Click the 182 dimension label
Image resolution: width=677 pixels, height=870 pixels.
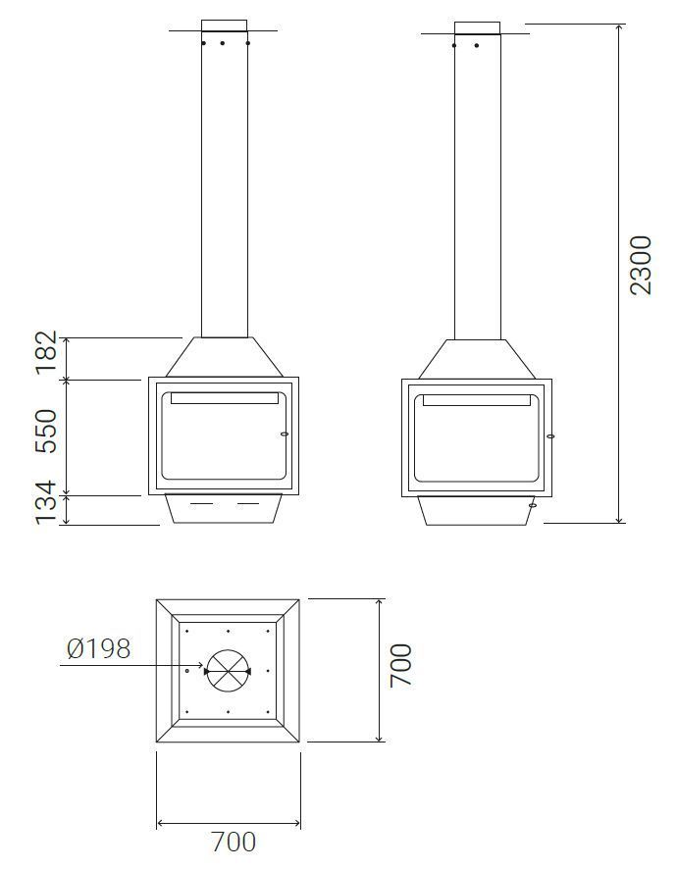46,353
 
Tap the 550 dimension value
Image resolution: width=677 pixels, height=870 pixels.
46,432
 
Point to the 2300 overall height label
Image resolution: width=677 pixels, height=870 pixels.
641,265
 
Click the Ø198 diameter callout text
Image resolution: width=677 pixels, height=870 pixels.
99,648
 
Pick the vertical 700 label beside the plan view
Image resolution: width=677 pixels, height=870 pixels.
400,666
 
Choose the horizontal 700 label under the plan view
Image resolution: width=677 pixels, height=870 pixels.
234,842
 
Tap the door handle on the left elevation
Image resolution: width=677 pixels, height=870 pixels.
285,435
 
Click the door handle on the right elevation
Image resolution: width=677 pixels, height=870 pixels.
550,436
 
